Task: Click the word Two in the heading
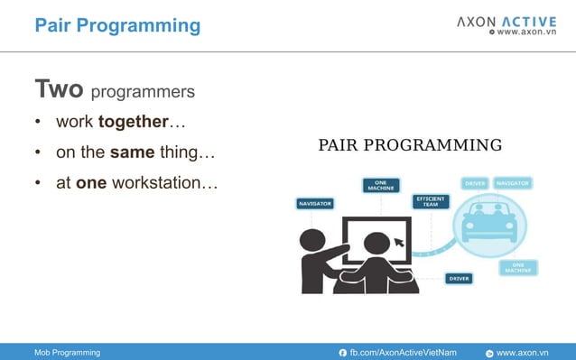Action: tap(60, 90)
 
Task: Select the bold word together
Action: tap(133, 122)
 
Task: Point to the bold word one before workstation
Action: tap(91, 183)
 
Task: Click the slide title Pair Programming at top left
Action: tap(117, 25)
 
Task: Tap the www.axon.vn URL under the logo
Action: tap(524, 32)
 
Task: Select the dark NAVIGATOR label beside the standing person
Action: tap(315, 204)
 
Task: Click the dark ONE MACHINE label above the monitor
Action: tap(381, 185)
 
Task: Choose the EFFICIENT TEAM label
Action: tap(431, 201)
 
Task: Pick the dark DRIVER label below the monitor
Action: tap(459, 279)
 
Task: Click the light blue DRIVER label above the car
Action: tap(475, 183)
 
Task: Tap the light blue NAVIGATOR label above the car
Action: tap(513, 183)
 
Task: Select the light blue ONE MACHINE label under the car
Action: tap(518, 267)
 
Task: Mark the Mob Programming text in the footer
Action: tap(68, 352)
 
